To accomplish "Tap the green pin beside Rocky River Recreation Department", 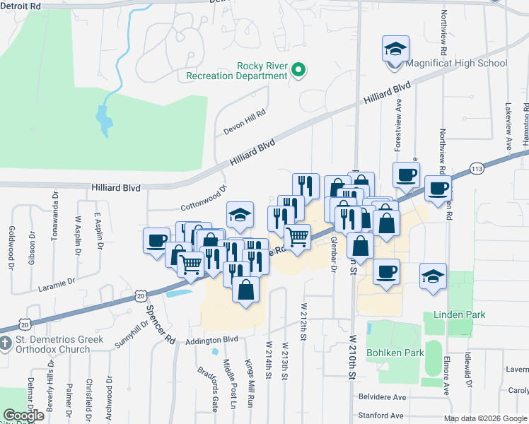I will pos(298,70).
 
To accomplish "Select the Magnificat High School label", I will pos(456,63).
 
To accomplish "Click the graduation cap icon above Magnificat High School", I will pos(395,49).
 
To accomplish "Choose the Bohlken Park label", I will pos(394,352).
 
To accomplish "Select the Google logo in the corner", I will pos(23,416).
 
